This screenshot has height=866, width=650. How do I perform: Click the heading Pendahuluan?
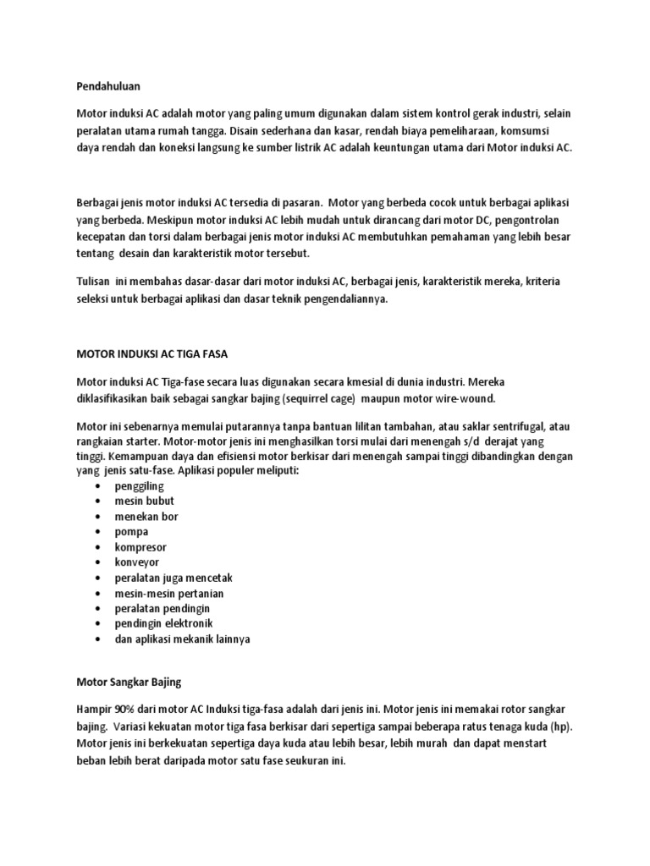pyautogui.click(x=107, y=85)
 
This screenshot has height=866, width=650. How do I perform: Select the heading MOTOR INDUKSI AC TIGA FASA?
pyautogui.click(x=152, y=352)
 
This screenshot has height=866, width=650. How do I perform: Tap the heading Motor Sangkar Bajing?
pyautogui.click(x=129, y=680)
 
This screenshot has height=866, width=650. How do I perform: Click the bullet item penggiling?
pyautogui.click(x=140, y=486)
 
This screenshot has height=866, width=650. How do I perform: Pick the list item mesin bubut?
pyautogui.click(x=145, y=501)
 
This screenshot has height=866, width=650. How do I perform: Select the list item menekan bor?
pyautogui.click(x=146, y=516)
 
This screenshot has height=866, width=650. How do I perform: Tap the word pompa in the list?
pyautogui.click(x=132, y=531)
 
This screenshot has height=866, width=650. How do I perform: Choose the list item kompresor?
pyautogui.click(x=142, y=546)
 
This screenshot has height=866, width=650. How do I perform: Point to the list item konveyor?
pyautogui.click(x=137, y=562)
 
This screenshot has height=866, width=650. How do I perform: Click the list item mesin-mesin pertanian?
pyautogui.click(x=169, y=593)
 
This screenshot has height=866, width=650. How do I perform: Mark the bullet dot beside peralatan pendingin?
pyautogui.click(x=101, y=608)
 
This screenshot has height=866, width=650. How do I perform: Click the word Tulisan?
pyautogui.click(x=95, y=281)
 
